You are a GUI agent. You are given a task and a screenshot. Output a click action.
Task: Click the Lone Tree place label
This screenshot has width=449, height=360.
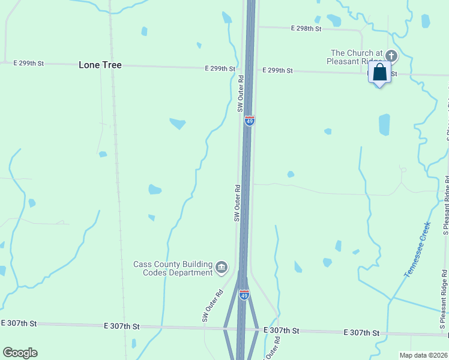click(x=100, y=65)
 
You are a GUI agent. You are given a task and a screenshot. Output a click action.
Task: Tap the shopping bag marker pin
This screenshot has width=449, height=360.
click(x=379, y=73)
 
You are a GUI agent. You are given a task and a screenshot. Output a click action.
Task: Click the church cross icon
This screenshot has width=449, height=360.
click(x=391, y=56)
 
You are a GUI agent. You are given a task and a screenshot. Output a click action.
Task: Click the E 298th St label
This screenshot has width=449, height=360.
click(x=306, y=29)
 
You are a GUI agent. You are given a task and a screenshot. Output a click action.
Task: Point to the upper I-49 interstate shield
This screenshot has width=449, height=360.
click(x=250, y=121)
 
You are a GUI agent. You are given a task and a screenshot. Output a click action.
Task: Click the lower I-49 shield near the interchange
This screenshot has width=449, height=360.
click(x=244, y=295)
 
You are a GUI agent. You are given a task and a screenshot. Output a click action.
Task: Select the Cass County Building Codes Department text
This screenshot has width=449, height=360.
click(x=173, y=268)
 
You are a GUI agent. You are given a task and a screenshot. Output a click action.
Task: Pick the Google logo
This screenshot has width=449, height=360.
click(x=20, y=353)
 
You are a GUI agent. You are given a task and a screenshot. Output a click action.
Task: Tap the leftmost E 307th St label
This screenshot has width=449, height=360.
click(x=19, y=323)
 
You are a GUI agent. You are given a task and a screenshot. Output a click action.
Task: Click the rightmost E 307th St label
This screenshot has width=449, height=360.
click(x=361, y=332)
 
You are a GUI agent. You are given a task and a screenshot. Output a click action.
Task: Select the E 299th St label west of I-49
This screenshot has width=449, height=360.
click(x=219, y=69)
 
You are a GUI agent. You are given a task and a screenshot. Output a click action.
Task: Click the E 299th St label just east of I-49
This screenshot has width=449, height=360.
click(x=277, y=71)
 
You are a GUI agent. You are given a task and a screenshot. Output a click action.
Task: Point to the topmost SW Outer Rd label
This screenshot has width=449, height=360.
click(x=240, y=94)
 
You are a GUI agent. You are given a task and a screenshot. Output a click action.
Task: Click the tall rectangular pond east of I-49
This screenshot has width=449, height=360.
click(x=384, y=125)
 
